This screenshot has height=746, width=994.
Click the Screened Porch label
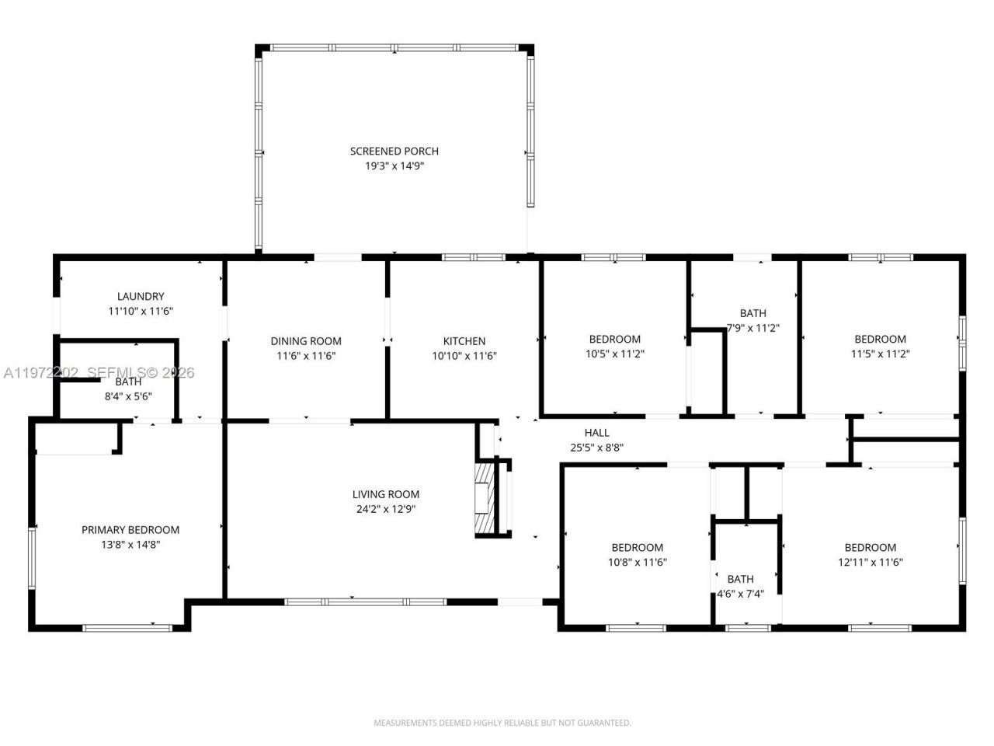click(394, 151)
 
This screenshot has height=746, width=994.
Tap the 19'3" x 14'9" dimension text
click(394, 166)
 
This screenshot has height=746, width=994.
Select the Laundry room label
click(141, 296)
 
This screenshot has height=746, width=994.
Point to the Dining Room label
click(306, 341)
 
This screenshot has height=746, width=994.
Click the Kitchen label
click(464, 341)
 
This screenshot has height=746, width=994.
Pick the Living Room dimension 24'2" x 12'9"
click(386, 510)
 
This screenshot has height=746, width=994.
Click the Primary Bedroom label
click(130, 530)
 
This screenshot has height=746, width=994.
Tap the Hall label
click(596, 433)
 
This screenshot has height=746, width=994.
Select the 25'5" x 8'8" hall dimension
click(596, 448)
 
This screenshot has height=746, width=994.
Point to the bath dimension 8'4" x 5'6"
click(128, 396)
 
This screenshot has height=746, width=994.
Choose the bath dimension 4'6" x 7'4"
click(740, 594)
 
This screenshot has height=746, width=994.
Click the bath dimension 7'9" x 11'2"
click(752, 328)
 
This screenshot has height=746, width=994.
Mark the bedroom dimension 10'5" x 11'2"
click(615, 354)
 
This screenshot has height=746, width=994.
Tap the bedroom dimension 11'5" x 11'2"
click(880, 354)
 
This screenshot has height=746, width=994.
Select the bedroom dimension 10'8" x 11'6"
click(637, 563)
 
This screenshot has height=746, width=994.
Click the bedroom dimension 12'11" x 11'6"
click(870, 563)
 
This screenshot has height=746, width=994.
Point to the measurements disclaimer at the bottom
click(502, 723)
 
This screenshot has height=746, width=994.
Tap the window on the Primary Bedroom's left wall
click(32, 557)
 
